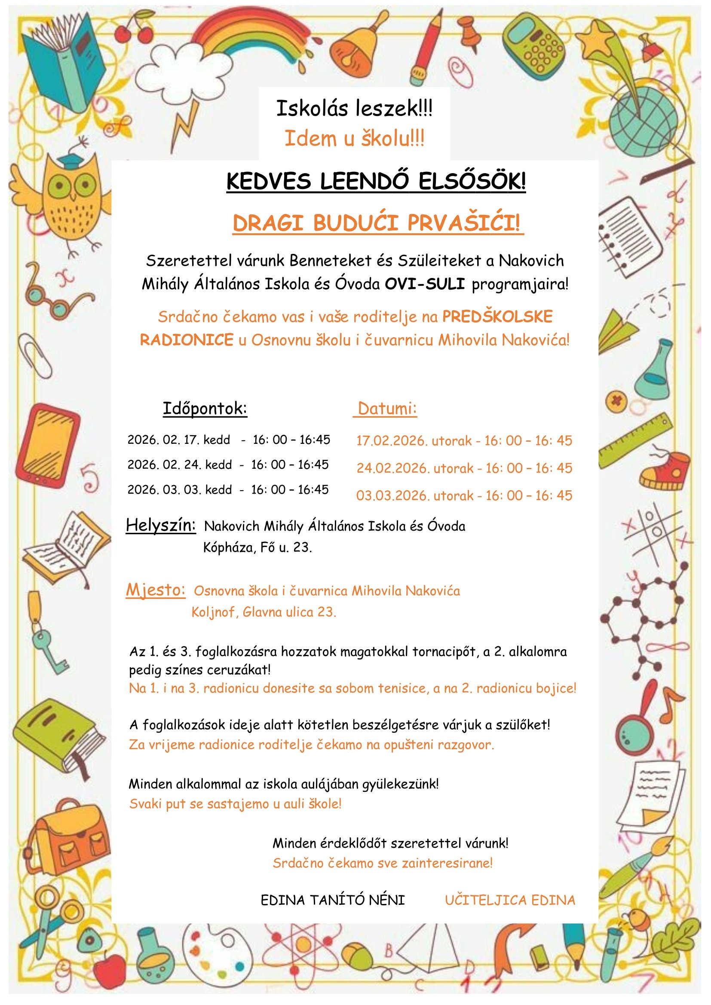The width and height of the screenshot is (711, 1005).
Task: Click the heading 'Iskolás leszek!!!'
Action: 354,108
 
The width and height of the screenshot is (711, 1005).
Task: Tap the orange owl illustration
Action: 66,197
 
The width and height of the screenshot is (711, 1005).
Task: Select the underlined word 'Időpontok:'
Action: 205,408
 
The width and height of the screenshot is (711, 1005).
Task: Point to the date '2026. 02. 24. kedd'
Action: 180,464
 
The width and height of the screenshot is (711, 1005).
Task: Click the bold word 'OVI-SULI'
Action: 424,284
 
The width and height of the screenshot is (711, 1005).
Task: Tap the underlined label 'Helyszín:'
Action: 161,525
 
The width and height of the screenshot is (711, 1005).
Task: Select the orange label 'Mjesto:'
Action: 156,590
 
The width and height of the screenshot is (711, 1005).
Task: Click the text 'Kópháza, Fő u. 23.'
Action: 257,547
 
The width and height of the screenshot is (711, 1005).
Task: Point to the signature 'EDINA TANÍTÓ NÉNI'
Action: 333,900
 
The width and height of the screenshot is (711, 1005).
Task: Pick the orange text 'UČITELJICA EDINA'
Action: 510,900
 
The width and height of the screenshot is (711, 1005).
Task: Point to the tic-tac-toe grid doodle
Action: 657,532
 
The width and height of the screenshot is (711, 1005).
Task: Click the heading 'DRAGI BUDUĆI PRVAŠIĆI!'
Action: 377,223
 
